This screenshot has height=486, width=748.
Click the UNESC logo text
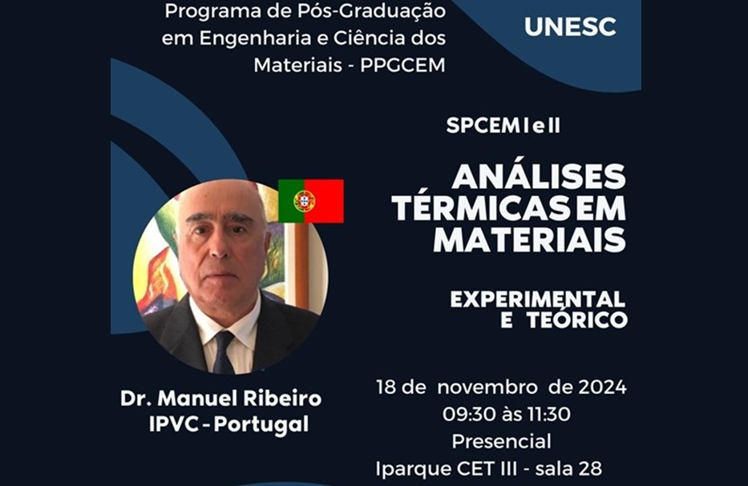570,26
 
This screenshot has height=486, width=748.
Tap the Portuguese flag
310,201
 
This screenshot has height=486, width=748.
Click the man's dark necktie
223,352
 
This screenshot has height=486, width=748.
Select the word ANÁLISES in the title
539,176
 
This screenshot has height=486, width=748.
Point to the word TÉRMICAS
481,208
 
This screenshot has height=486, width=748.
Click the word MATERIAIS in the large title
529,239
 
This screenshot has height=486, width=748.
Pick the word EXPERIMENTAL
538,299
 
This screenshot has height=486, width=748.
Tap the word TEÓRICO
577,319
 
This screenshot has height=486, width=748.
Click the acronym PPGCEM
402,66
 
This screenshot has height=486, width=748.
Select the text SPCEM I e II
503,126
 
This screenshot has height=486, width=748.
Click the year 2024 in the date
603,387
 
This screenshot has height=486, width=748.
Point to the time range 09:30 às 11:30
507,414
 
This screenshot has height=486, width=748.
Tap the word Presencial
501,441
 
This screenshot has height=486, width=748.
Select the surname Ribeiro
282,399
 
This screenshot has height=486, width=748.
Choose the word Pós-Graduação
372,12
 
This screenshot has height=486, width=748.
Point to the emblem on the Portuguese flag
305,201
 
